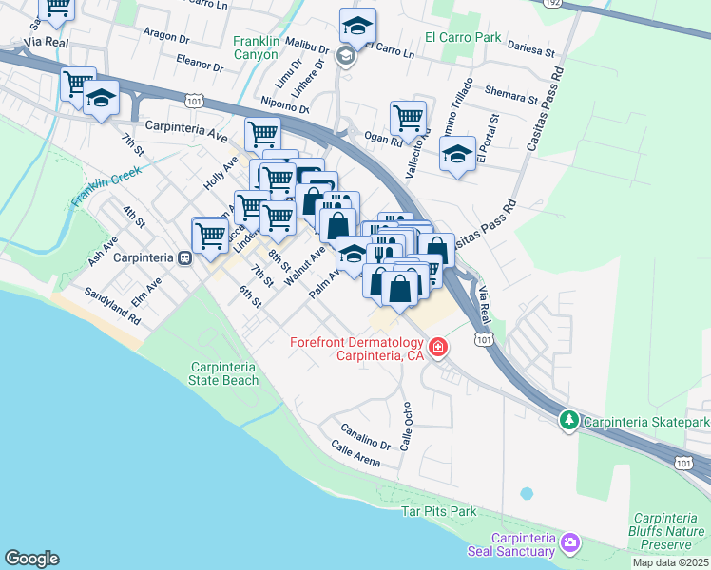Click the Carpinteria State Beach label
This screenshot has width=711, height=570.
click(224, 373)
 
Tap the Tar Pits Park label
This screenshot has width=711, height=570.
click(438, 511)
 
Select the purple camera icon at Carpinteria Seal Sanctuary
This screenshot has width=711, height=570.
click(569, 542)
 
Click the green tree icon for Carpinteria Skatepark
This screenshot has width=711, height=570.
click(569, 419)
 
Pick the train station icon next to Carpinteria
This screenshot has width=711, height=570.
click(185, 257)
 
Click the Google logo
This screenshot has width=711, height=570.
click(31, 559)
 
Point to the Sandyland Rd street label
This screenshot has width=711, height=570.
click(112, 308)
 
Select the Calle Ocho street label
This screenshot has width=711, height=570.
click(407, 430)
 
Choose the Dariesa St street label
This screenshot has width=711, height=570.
click(530, 47)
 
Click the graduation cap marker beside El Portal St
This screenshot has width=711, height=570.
click(457, 154)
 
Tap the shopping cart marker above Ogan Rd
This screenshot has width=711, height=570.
click(408, 119)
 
